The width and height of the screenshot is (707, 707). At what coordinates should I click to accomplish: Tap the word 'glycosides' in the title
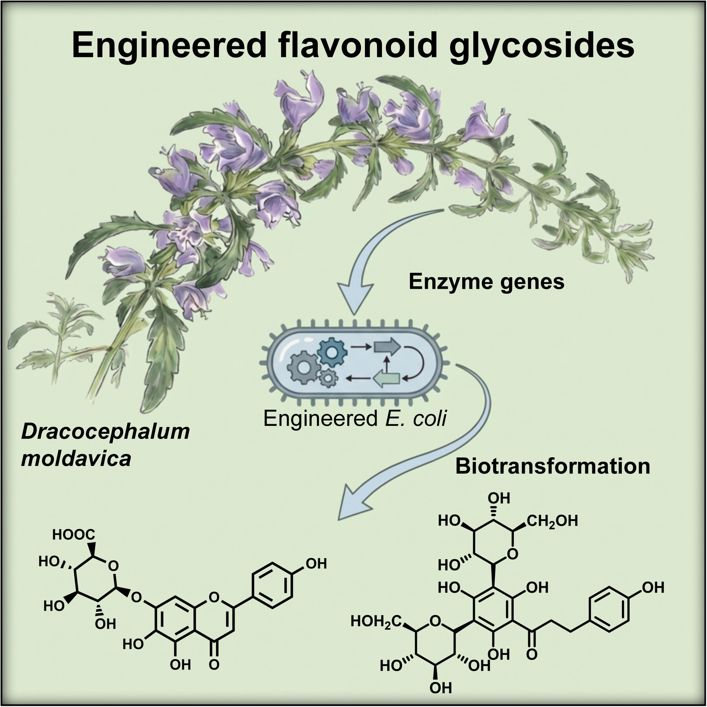click(542, 46)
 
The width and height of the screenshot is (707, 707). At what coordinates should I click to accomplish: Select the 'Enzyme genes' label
click(486, 282)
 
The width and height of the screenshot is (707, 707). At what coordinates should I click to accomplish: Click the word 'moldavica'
click(76, 459)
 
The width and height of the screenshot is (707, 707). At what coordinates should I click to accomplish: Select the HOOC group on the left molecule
click(73, 534)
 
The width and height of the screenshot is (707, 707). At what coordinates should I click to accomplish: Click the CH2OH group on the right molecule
click(552, 521)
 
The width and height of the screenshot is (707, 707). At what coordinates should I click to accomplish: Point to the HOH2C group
click(376, 621)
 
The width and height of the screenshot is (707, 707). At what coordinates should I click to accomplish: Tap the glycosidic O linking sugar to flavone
click(136, 597)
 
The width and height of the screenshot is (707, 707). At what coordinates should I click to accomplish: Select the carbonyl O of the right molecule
click(532, 654)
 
